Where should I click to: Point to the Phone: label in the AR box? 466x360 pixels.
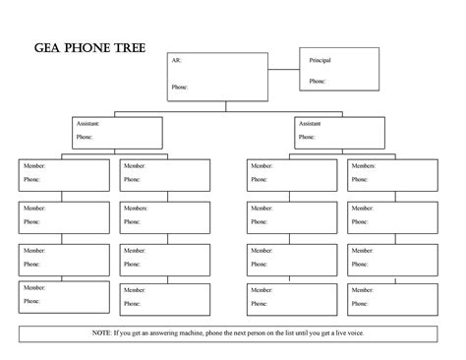179,87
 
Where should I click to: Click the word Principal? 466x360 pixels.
320,60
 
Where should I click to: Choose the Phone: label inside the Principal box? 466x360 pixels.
318,82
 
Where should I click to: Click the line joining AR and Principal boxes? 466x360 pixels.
283,71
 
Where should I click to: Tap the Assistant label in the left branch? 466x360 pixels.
87,124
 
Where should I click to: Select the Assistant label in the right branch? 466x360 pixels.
310,124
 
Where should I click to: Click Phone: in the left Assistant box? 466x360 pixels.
85,137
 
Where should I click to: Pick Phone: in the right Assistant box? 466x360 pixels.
308,138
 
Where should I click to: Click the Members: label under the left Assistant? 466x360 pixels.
136,210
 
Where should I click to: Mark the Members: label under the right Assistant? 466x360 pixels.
363,166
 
